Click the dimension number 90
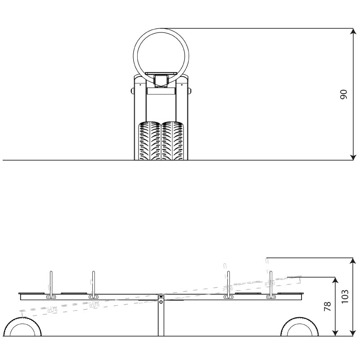click(343, 94)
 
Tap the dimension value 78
click(327, 306)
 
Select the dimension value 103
click(345, 297)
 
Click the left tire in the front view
click(149, 141)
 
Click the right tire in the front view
click(172, 141)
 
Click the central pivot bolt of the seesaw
click(161, 302)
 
